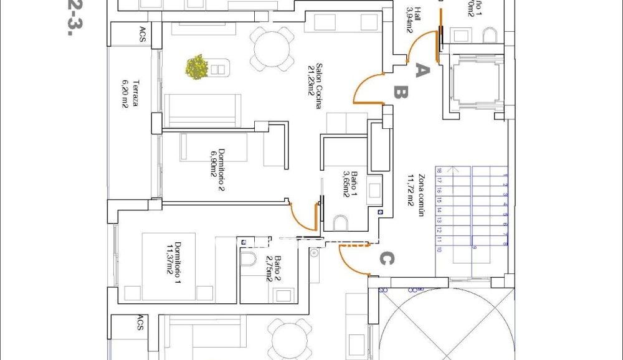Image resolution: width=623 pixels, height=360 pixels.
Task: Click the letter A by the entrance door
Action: [422, 71]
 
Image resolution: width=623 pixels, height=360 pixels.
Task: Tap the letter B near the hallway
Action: [401, 93]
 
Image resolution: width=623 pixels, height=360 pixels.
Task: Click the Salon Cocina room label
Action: [318, 86]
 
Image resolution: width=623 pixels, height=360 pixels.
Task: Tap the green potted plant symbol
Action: [197, 67]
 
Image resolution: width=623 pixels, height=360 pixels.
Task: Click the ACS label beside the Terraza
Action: [142, 35]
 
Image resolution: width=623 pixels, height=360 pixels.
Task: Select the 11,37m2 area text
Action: [168, 258]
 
